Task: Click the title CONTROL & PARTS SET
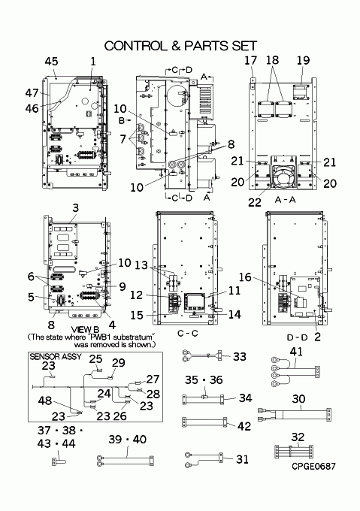181,46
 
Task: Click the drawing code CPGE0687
313,467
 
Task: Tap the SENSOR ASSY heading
56,356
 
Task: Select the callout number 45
51,62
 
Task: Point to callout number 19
303,60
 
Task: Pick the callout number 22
255,202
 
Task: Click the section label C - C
188,334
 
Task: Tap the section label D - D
297,337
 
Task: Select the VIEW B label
85,330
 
